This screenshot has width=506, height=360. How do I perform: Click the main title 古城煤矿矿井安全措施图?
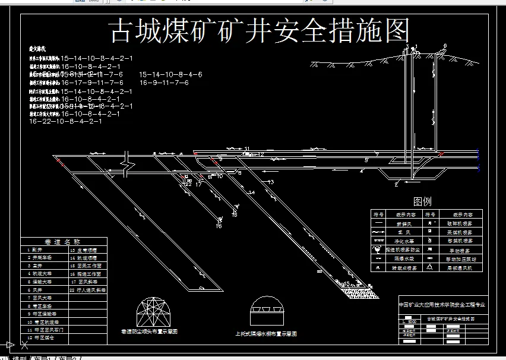coord(260,31)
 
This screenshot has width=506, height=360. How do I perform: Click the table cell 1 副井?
coord(36,250)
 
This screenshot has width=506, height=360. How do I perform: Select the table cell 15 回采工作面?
coord(86,266)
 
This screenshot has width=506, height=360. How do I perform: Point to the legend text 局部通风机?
coord(462,268)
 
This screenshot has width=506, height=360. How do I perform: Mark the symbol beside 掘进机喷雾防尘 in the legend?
coord(378,250)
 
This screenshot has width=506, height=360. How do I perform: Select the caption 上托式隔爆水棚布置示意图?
coord(265,334)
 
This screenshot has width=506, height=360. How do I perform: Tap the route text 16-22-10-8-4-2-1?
coord(65,121)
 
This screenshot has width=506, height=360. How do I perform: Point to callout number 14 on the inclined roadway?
coord(251,192)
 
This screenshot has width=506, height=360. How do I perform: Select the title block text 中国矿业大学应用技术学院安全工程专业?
coord(442,304)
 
